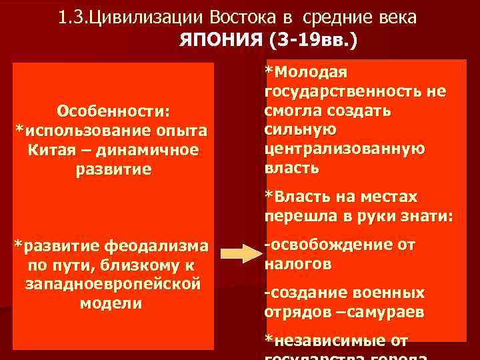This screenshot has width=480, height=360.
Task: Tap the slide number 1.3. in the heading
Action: pos(75,17)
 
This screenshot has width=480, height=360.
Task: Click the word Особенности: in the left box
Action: pos(114,109)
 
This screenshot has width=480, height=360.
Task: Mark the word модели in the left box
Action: pos(111,303)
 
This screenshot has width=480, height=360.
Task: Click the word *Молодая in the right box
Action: pos(306,71)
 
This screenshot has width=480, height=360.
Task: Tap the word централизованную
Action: pos(344,149)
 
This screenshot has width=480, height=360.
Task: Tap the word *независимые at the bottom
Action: pos(325,341)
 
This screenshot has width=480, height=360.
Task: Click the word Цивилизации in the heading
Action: pos(143,17)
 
